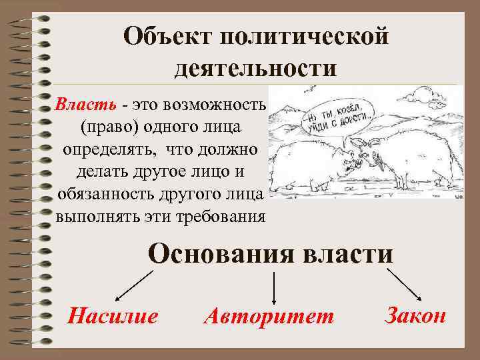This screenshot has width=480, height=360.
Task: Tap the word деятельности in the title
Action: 256,68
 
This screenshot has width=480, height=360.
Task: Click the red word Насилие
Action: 113,315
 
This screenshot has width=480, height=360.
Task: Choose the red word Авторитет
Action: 269,316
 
